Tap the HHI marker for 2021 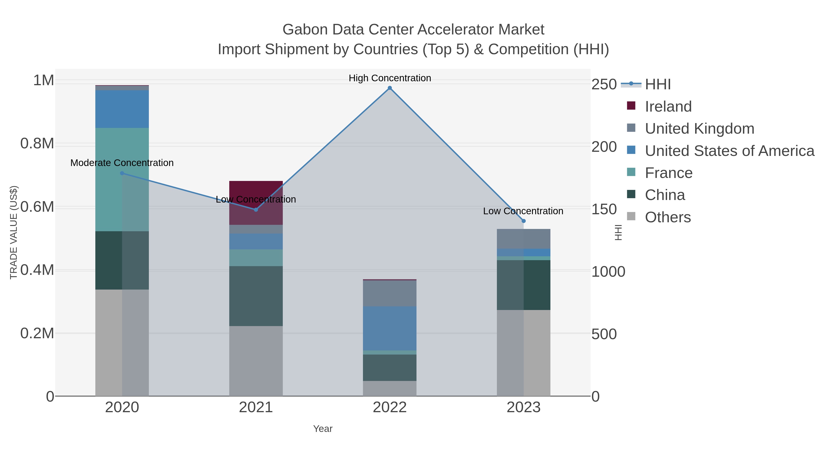(256, 210)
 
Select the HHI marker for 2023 (524, 221)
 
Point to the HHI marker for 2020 (122, 173)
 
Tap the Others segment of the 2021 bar (256, 361)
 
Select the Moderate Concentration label (122, 163)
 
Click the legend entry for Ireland (668, 107)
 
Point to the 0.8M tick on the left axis (37, 144)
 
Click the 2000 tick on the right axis (604, 147)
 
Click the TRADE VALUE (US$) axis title (14, 232)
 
